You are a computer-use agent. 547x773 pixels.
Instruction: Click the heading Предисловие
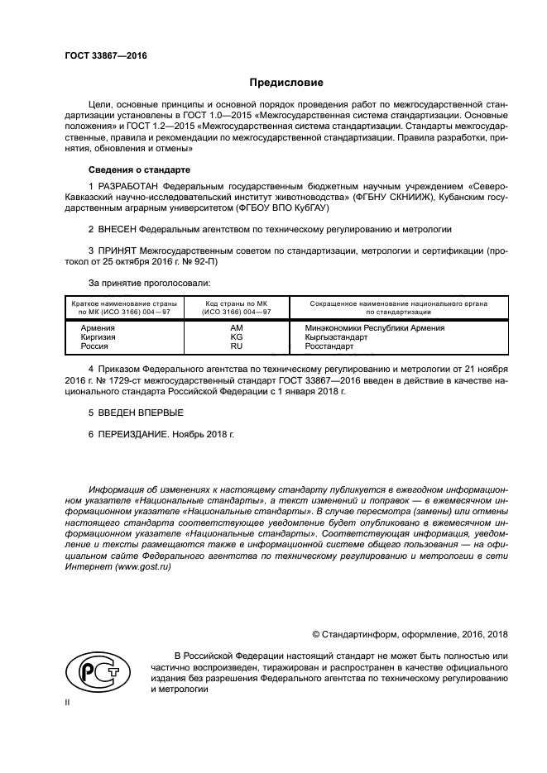[286, 83]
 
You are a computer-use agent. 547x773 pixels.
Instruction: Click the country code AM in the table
[237, 328]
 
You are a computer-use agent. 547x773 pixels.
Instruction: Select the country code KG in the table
[237, 337]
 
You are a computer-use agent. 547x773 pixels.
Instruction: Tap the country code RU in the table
[237, 346]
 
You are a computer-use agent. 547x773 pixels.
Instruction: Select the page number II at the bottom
[69, 701]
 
